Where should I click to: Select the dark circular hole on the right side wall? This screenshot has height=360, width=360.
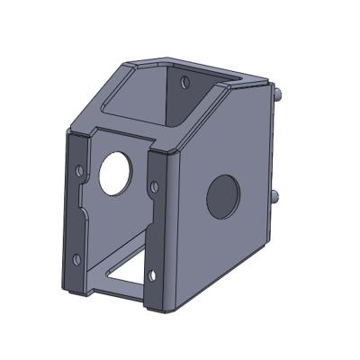coord(223,196)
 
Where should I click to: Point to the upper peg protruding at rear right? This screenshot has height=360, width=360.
coord(282,94)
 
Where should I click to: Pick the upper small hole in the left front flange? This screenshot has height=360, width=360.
coord(78,168)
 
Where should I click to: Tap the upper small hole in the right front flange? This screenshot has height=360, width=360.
coord(154,187)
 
